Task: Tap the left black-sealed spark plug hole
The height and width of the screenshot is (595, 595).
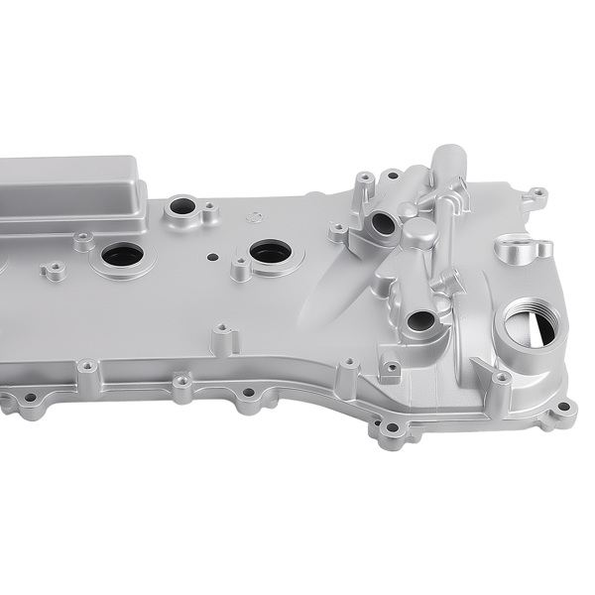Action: (121, 255)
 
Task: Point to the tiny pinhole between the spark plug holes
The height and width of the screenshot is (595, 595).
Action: (210, 254)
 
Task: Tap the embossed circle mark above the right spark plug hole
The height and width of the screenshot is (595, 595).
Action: (254, 216)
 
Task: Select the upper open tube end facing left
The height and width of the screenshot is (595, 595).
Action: (383, 220)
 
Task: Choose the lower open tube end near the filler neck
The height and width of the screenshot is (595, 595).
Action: (421, 321)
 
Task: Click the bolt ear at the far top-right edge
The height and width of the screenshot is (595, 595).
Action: (536, 192)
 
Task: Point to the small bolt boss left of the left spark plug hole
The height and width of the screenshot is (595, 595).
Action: (83, 239)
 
